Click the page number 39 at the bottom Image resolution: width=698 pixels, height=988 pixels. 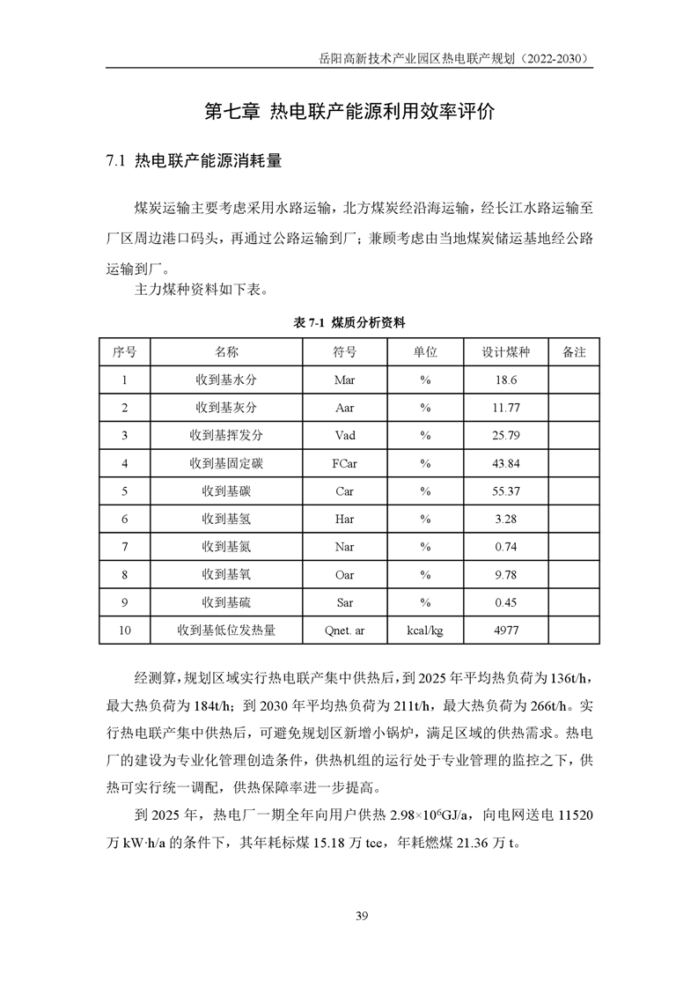(361, 916)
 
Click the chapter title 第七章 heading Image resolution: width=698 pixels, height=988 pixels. (349, 112)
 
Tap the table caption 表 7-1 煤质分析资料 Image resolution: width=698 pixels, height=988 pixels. (349, 323)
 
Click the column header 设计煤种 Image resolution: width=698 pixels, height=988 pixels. (505, 351)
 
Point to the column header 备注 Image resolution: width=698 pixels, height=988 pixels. (573, 351)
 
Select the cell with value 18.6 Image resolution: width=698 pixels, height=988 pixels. (505, 380)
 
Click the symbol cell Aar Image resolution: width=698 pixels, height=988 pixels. (344, 408)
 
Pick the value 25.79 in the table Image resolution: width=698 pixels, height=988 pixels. (505, 435)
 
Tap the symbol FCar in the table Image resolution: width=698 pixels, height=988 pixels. (344, 463)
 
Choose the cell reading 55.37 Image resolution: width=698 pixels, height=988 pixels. (505, 491)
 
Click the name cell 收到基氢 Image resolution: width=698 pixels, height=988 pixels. (226, 519)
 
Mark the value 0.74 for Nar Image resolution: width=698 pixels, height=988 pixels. (505, 547)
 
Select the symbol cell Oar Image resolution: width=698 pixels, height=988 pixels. (344, 575)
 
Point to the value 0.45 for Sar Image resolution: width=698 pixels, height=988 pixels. (505, 602)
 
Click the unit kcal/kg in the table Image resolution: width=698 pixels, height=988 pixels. (425, 630)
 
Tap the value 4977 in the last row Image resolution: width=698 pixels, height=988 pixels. (505, 630)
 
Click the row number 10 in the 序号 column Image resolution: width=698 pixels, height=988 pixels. (124, 630)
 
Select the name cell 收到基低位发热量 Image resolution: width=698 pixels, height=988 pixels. (226, 630)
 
